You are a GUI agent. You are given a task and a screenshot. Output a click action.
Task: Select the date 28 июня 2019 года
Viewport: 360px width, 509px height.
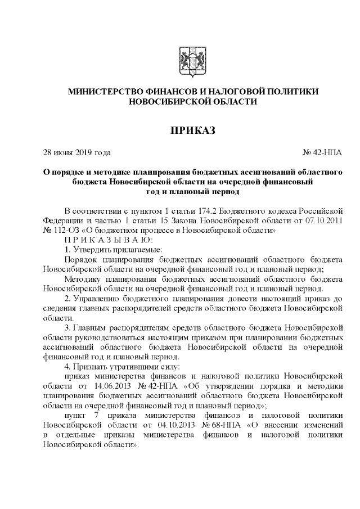pos(77,152)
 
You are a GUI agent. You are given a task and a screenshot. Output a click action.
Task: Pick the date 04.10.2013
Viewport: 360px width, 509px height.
pos(139,426)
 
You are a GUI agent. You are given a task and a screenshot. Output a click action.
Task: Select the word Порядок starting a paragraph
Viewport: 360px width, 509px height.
pos(82,259)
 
